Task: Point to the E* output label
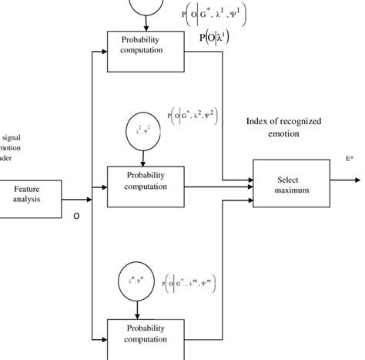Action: [350, 160]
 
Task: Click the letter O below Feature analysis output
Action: [76, 217]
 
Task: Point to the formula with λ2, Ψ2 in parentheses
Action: [192, 118]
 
